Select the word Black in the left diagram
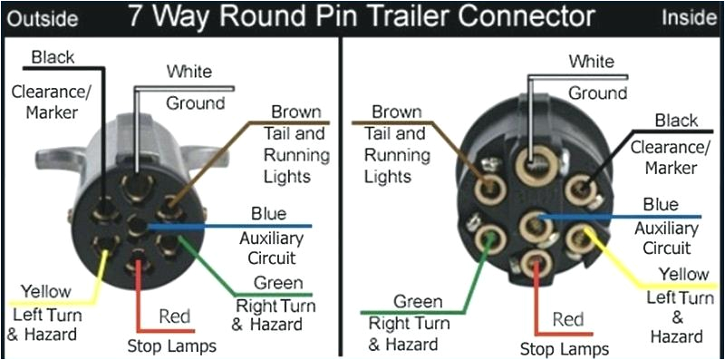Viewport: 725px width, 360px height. coord(53,58)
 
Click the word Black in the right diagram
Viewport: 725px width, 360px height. coord(676,122)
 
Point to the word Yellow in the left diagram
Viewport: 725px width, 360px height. coord(44,292)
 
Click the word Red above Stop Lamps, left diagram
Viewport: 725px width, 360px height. coord(174,316)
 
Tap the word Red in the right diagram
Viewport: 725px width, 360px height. coord(567,319)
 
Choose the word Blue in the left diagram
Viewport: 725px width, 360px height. coord(268,213)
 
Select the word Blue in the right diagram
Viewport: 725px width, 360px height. coord(660,205)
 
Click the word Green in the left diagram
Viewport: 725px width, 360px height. coord(278,283)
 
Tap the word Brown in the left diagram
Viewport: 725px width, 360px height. coord(296,112)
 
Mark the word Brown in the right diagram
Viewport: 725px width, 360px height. coord(397,112)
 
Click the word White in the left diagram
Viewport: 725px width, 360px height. coord(188,71)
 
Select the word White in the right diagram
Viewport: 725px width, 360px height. coord(592,62)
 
